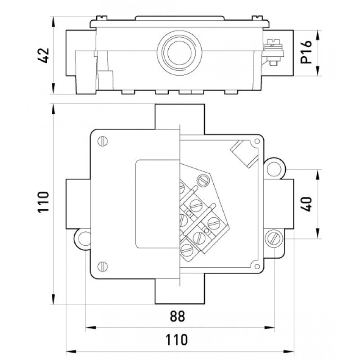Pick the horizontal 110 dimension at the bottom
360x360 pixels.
179,338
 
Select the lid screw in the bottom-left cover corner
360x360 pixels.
103,266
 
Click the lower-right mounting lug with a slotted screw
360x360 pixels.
274,237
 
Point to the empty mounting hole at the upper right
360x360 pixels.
274,167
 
